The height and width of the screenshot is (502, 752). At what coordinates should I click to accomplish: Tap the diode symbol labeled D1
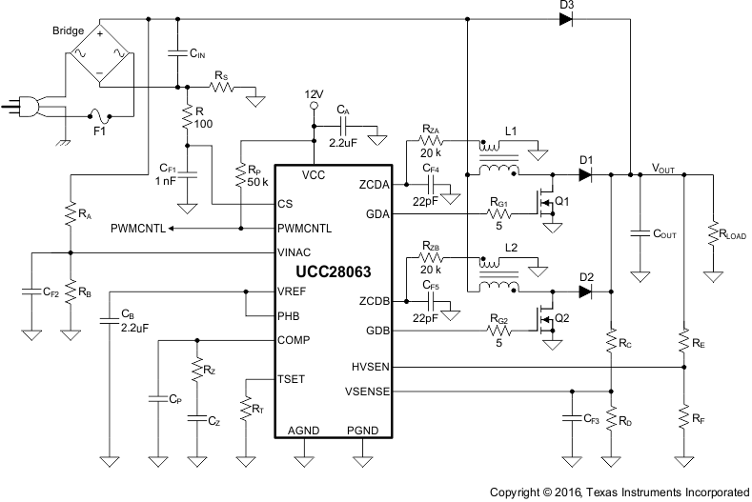[x=585, y=174]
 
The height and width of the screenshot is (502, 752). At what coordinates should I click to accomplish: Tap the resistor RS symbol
[x=221, y=88]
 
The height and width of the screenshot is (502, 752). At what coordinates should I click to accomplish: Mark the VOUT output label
[x=663, y=169]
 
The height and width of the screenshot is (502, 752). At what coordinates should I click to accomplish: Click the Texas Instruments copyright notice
[x=619, y=492]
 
